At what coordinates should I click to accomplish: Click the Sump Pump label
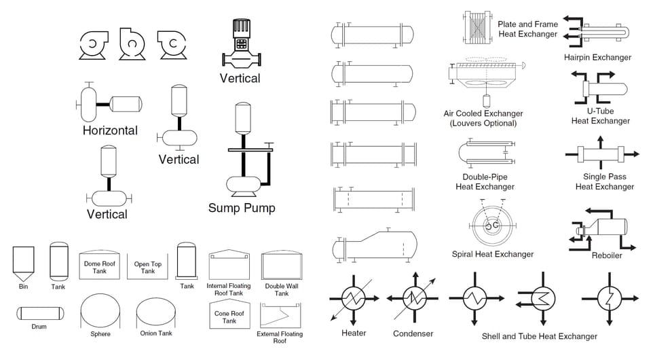point(242,208)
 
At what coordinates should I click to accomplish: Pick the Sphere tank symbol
point(100,312)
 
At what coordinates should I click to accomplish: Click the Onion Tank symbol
point(156,312)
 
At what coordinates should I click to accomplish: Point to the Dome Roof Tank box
point(100,265)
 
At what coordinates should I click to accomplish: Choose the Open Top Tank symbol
point(147,266)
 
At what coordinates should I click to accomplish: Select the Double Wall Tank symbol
point(280,265)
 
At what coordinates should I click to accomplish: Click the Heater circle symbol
point(353,297)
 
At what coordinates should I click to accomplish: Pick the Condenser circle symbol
point(413,297)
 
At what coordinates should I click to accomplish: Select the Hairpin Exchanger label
point(597,58)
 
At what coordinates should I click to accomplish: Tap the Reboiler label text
point(607,255)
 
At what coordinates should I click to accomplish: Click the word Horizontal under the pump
point(110,130)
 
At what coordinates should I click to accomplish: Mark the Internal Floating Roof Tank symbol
point(229,264)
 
